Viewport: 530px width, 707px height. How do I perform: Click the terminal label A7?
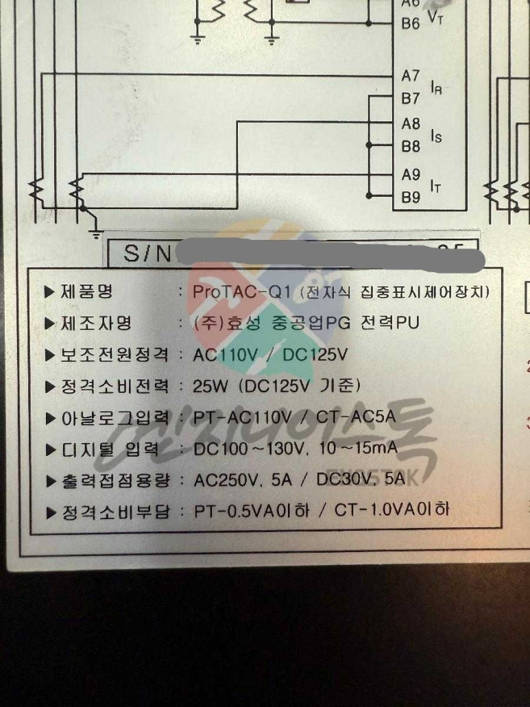411,75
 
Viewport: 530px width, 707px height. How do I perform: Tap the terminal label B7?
411,99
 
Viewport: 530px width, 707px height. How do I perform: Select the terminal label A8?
411,124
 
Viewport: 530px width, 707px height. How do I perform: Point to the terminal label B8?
411,147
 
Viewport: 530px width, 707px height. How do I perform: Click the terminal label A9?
411,174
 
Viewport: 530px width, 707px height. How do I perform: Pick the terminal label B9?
411,197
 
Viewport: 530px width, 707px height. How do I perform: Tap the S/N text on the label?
141,254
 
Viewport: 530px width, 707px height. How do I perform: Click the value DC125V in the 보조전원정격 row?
315,355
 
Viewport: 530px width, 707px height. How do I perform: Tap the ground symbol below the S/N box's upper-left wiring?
96,234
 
